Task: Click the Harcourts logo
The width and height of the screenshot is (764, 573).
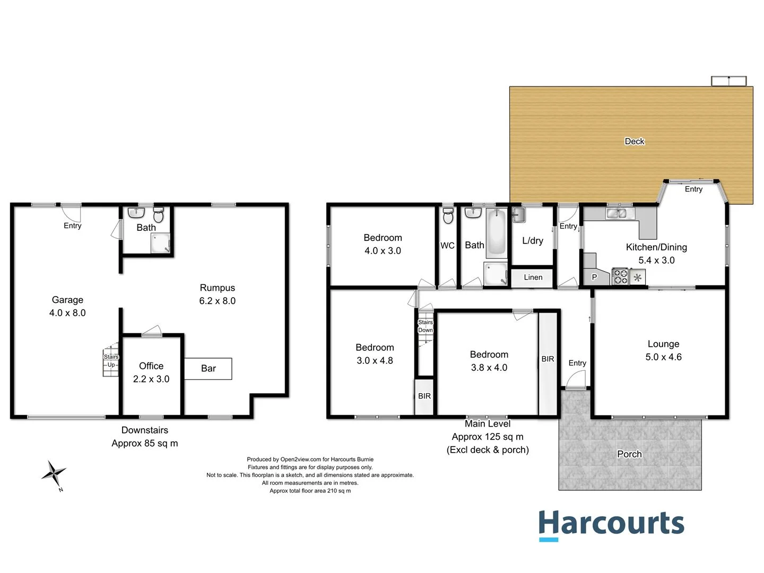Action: [611, 524]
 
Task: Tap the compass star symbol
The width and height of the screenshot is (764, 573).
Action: [54, 473]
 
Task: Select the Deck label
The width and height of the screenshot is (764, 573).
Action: [634, 141]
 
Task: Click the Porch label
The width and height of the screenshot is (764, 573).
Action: [629, 454]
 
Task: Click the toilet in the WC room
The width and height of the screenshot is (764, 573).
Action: [448, 216]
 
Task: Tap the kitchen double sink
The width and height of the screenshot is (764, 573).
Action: [619, 213]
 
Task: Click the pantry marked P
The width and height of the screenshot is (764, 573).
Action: [594, 277]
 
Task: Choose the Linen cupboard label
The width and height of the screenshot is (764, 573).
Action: [533, 277]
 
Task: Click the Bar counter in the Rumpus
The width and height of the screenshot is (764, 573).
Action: [208, 368]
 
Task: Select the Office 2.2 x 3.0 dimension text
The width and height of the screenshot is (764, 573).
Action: [151, 379]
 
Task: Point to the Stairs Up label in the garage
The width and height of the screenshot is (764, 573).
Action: [111, 361]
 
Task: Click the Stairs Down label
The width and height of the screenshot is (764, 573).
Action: [425, 326]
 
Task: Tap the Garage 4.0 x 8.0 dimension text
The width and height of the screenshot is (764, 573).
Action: [67, 313]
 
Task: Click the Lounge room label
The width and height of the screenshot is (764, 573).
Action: [663, 344]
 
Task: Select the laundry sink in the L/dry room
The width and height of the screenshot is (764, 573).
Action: [518, 215]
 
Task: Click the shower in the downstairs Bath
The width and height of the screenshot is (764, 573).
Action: [160, 244]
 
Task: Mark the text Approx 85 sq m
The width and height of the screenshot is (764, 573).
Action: [144, 443]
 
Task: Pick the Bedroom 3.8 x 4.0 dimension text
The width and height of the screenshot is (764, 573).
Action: [489, 368]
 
